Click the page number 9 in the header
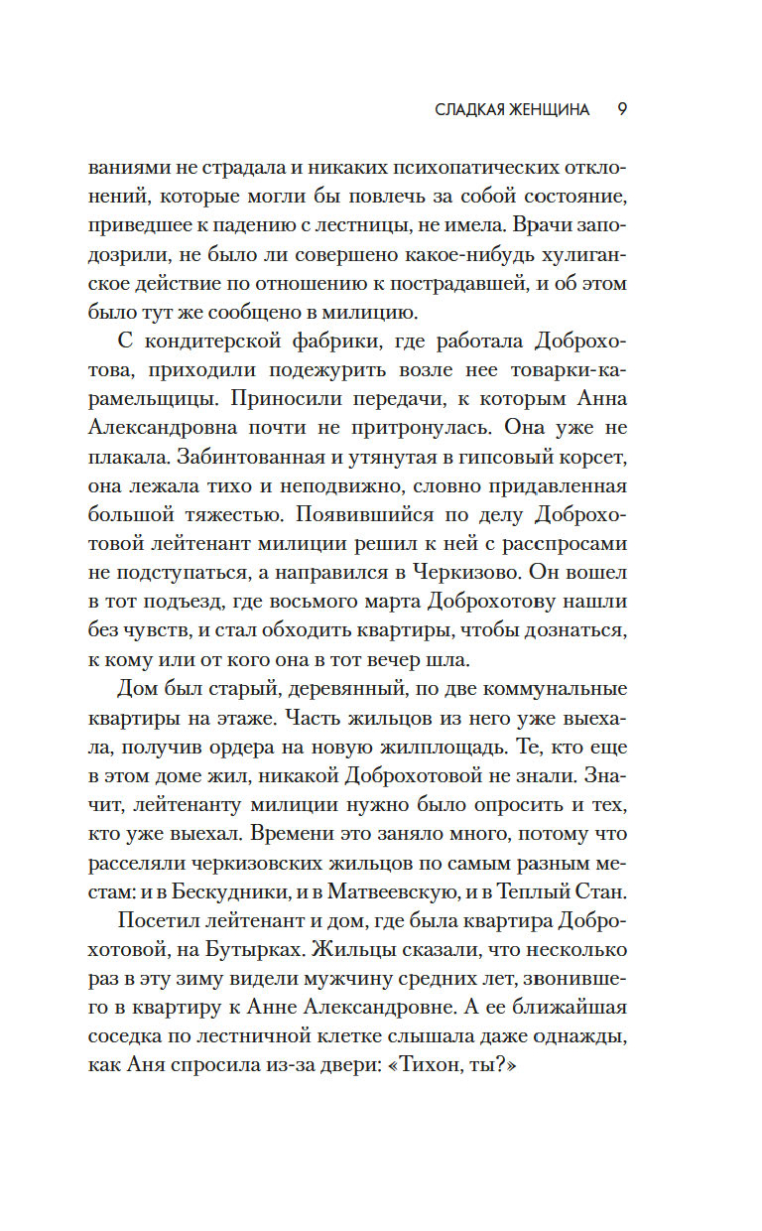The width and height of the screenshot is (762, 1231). (621, 109)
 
